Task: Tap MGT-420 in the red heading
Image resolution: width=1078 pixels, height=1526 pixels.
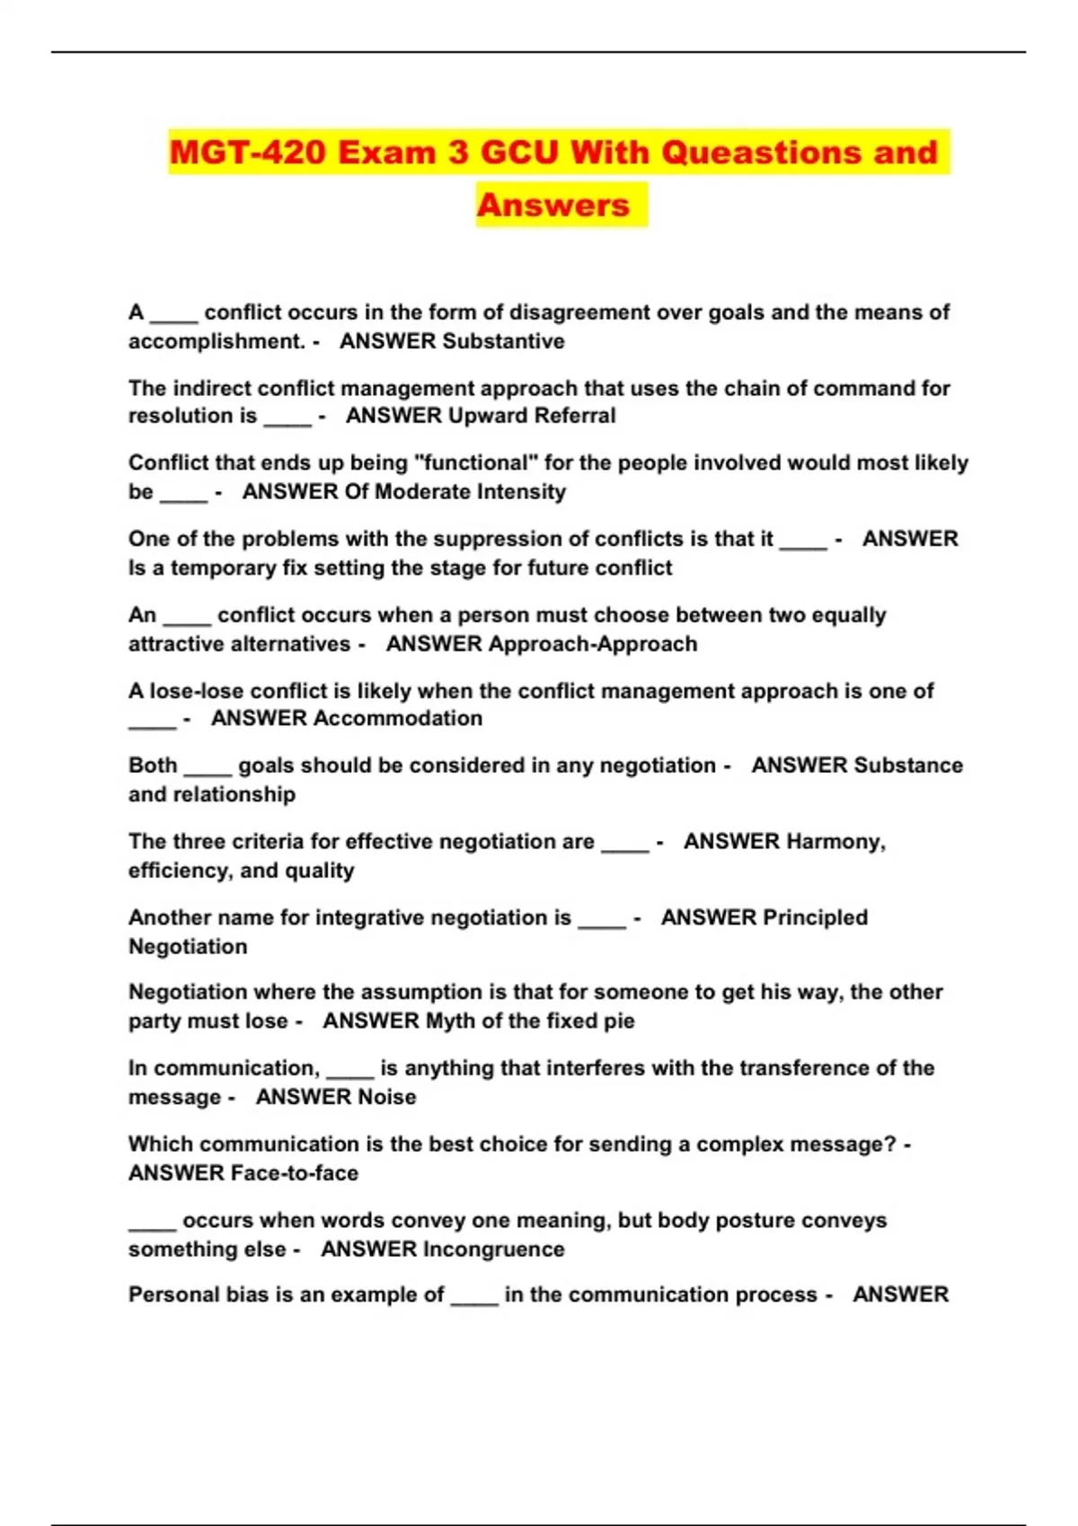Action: click(247, 152)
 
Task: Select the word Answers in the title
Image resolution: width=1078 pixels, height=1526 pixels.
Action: click(552, 205)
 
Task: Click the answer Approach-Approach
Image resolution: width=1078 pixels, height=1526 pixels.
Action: click(592, 644)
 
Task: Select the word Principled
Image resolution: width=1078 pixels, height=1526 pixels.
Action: click(815, 917)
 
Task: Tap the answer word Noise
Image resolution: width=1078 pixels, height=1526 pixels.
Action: click(387, 1097)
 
